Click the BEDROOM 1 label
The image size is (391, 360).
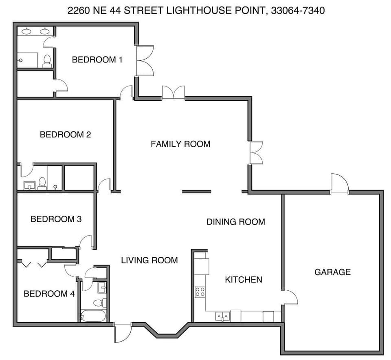click(x=97, y=60)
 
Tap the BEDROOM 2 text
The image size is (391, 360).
click(x=65, y=135)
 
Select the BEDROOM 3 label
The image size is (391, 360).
click(x=56, y=219)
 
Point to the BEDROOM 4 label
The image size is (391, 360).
click(x=49, y=294)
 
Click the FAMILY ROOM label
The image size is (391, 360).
click(x=180, y=144)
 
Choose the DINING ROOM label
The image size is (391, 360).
click(x=236, y=222)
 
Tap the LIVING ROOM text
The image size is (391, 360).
click(x=149, y=260)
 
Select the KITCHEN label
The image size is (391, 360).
click(x=244, y=280)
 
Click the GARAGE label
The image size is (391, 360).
click(x=332, y=272)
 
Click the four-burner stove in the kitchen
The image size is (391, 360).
click(x=200, y=292)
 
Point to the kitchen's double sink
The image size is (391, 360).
click(x=222, y=316)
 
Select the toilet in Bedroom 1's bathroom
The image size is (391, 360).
click(x=47, y=61)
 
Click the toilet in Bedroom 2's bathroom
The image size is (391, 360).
click(x=42, y=184)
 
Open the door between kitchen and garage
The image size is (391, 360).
click(x=290, y=297)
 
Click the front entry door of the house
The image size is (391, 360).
click(x=122, y=333)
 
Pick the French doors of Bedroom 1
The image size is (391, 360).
click(x=145, y=60)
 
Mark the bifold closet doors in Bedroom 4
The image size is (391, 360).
click(x=34, y=265)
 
